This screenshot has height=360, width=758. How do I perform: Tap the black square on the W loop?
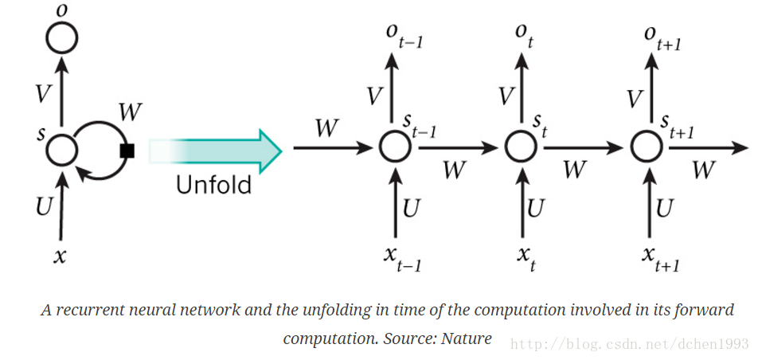point(127,151)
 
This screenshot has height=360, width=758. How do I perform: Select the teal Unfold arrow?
point(215,151)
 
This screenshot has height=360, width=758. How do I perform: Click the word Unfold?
point(213,185)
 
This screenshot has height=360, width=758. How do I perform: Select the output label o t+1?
point(662,37)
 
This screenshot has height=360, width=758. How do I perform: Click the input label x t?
point(526,257)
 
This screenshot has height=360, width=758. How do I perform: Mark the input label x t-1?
point(403,258)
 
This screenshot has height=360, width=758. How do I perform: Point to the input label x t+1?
point(661,258)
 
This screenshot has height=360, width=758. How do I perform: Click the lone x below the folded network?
point(60,256)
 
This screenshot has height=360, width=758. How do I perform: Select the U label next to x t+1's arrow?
point(665,208)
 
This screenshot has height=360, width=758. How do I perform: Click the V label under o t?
point(506,96)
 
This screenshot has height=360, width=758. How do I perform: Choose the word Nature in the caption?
point(466,338)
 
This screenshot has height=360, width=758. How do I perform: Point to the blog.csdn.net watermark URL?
point(629,345)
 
